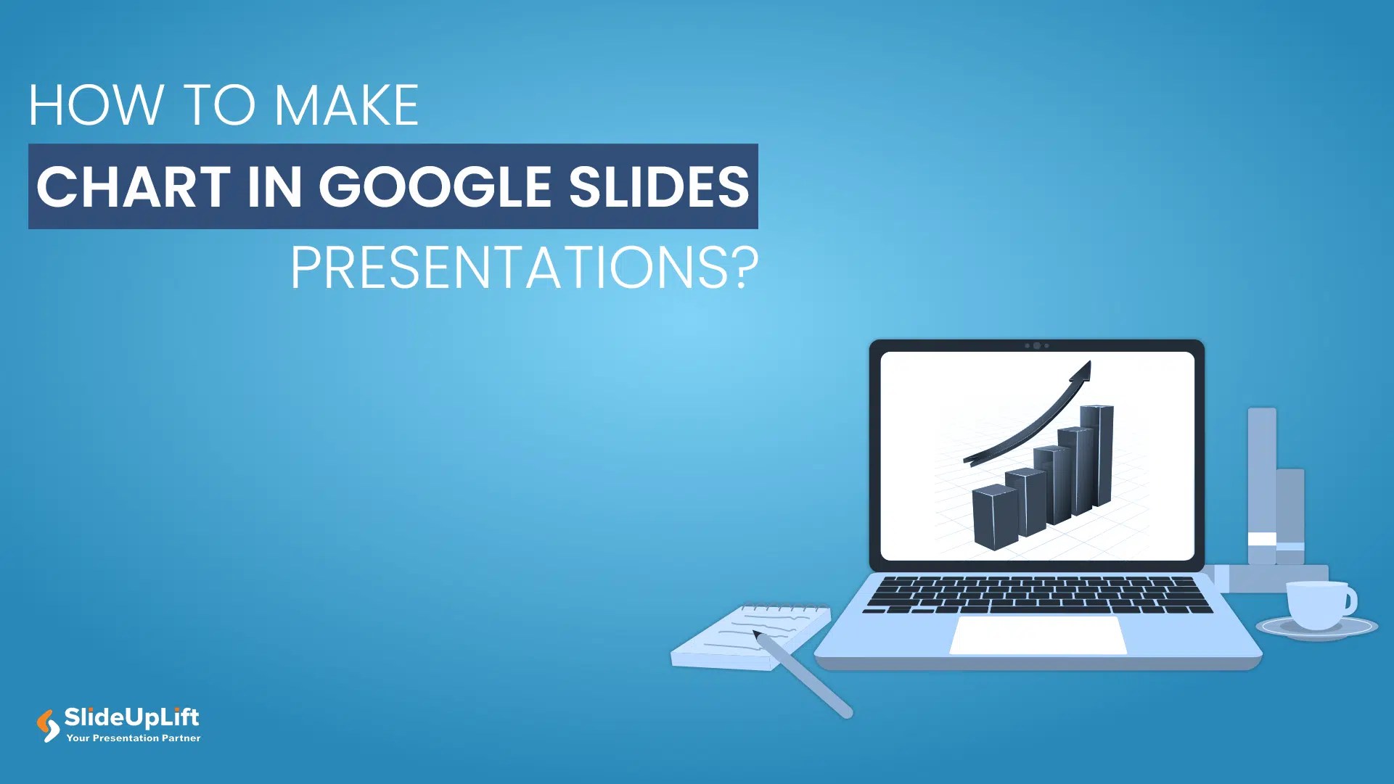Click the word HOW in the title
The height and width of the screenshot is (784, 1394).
click(95, 106)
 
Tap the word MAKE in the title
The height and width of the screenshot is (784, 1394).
click(346, 106)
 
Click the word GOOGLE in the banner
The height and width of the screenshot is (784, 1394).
click(435, 186)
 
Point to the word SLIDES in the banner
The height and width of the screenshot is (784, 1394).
click(658, 186)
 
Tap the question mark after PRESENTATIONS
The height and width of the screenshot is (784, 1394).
click(744, 268)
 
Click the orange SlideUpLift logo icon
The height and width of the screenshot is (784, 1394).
click(48, 725)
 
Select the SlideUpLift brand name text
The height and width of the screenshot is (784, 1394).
click(131, 717)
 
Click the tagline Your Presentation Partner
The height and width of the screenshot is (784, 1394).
click(134, 738)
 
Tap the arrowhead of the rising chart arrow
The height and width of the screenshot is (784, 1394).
click(1082, 372)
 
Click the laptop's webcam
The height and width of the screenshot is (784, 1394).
click(1037, 346)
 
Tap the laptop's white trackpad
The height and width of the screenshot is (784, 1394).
click(1038, 635)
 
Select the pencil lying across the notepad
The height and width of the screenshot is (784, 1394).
click(805, 674)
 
